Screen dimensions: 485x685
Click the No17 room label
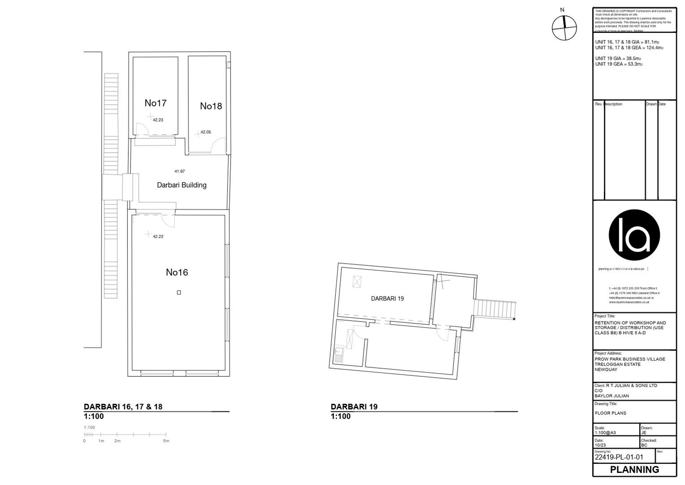coord(155,103)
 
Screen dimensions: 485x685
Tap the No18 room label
coord(211,106)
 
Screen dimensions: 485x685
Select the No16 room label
coord(177,272)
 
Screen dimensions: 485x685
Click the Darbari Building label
coord(182,185)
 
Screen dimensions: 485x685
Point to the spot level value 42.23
coord(158,120)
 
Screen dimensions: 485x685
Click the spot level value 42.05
coord(205,132)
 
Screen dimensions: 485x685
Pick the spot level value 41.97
coord(179,171)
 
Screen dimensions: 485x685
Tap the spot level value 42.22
coord(158,236)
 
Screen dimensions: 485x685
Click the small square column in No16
coord(179,292)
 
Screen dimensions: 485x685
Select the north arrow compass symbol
coord(564,28)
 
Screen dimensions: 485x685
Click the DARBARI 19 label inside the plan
coord(387,298)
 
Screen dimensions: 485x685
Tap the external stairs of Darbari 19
coord(494,309)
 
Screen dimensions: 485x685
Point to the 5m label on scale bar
coord(166,441)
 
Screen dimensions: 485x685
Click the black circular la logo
coord(634,235)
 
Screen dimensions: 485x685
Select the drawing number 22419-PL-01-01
coord(619,457)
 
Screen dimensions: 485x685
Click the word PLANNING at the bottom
coord(634,470)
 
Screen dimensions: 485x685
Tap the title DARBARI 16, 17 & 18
coord(123,407)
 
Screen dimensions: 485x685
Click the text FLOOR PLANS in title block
coord(610,413)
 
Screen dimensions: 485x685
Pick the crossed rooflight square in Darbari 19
coord(357,282)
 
